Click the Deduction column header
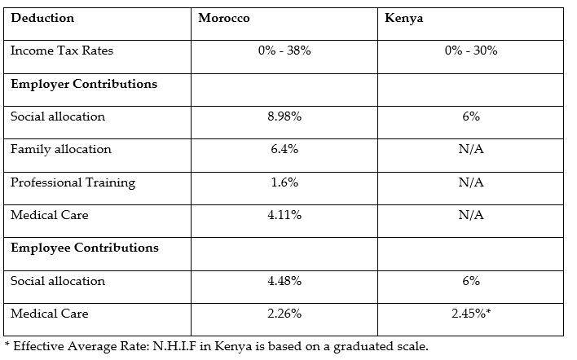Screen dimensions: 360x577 (42, 18)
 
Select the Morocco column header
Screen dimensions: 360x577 (224, 18)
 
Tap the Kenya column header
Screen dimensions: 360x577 (403, 18)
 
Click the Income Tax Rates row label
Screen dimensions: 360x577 (62, 50)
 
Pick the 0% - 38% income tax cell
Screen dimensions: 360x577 (284, 50)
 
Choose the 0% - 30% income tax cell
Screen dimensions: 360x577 (470, 50)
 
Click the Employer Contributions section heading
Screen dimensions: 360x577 (84, 84)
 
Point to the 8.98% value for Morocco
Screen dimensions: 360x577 (284, 116)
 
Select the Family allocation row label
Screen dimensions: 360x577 (61, 149)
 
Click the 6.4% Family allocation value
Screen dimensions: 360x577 (284, 149)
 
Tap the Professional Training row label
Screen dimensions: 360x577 (73, 182)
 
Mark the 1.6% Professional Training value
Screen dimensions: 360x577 (284, 182)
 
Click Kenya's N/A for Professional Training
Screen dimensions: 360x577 (470, 182)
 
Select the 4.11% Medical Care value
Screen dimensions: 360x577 (284, 215)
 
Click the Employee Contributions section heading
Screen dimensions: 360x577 (85, 248)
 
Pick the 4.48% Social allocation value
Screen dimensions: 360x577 (284, 281)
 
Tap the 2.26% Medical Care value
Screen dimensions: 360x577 (284, 314)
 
